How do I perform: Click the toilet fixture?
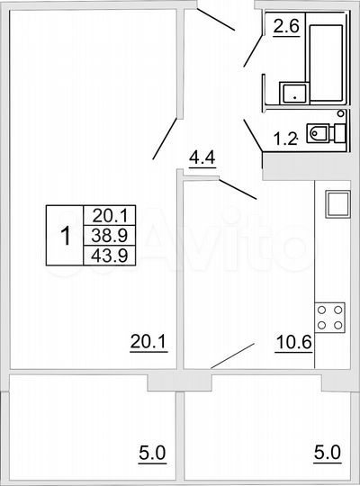[321, 133]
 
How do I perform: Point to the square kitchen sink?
[337, 203]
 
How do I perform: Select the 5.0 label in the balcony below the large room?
[152, 450]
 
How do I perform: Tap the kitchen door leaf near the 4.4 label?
[238, 189]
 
